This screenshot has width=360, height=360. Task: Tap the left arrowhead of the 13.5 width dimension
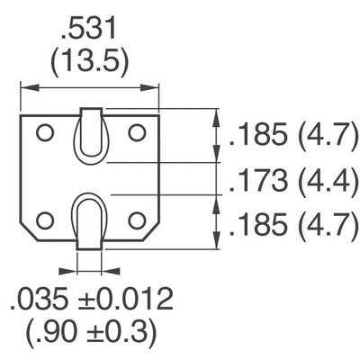pyautogui.click(x=25, y=88)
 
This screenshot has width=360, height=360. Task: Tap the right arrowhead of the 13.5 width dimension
pyautogui.click(x=154, y=88)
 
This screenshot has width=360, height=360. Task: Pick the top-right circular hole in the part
pyautogui.click(x=137, y=133)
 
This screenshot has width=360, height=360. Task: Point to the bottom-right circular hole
pyautogui.click(x=137, y=220)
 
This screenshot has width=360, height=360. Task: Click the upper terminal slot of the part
pyautogui.click(x=91, y=135)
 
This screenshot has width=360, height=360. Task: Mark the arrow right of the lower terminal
pyautogui.click(x=112, y=267)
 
